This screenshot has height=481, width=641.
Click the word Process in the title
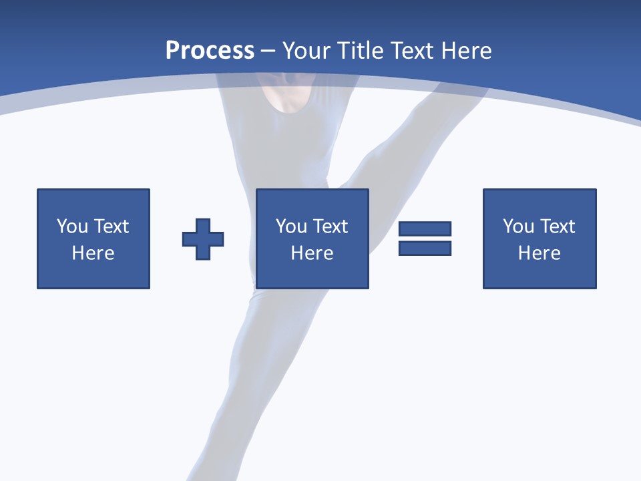(210, 51)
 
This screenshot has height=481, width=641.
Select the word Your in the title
(308, 51)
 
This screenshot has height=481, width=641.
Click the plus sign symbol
(203, 239)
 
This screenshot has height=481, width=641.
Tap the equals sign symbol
(425, 238)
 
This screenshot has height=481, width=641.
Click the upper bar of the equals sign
(425, 229)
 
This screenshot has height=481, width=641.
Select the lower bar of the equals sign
(425, 248)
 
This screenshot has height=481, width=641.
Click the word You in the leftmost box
(72, 226)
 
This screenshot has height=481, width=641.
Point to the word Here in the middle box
(312, 253)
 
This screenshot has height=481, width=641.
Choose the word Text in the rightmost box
(558, 226)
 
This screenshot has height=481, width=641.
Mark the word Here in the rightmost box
(540, 253)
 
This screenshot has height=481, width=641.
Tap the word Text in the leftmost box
(111, 226)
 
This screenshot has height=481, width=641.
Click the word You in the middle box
(291, 226)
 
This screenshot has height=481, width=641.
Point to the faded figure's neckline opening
(286, 98)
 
